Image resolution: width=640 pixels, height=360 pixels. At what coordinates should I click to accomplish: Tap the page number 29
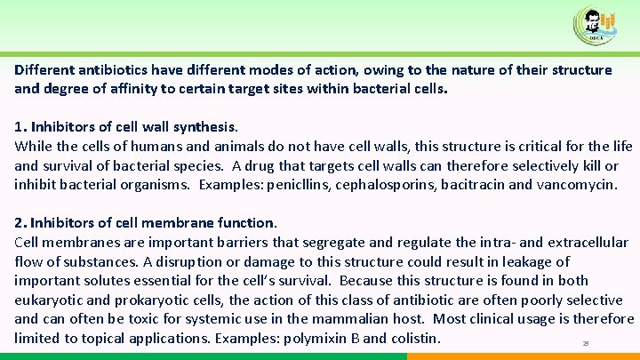pos(585,343)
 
